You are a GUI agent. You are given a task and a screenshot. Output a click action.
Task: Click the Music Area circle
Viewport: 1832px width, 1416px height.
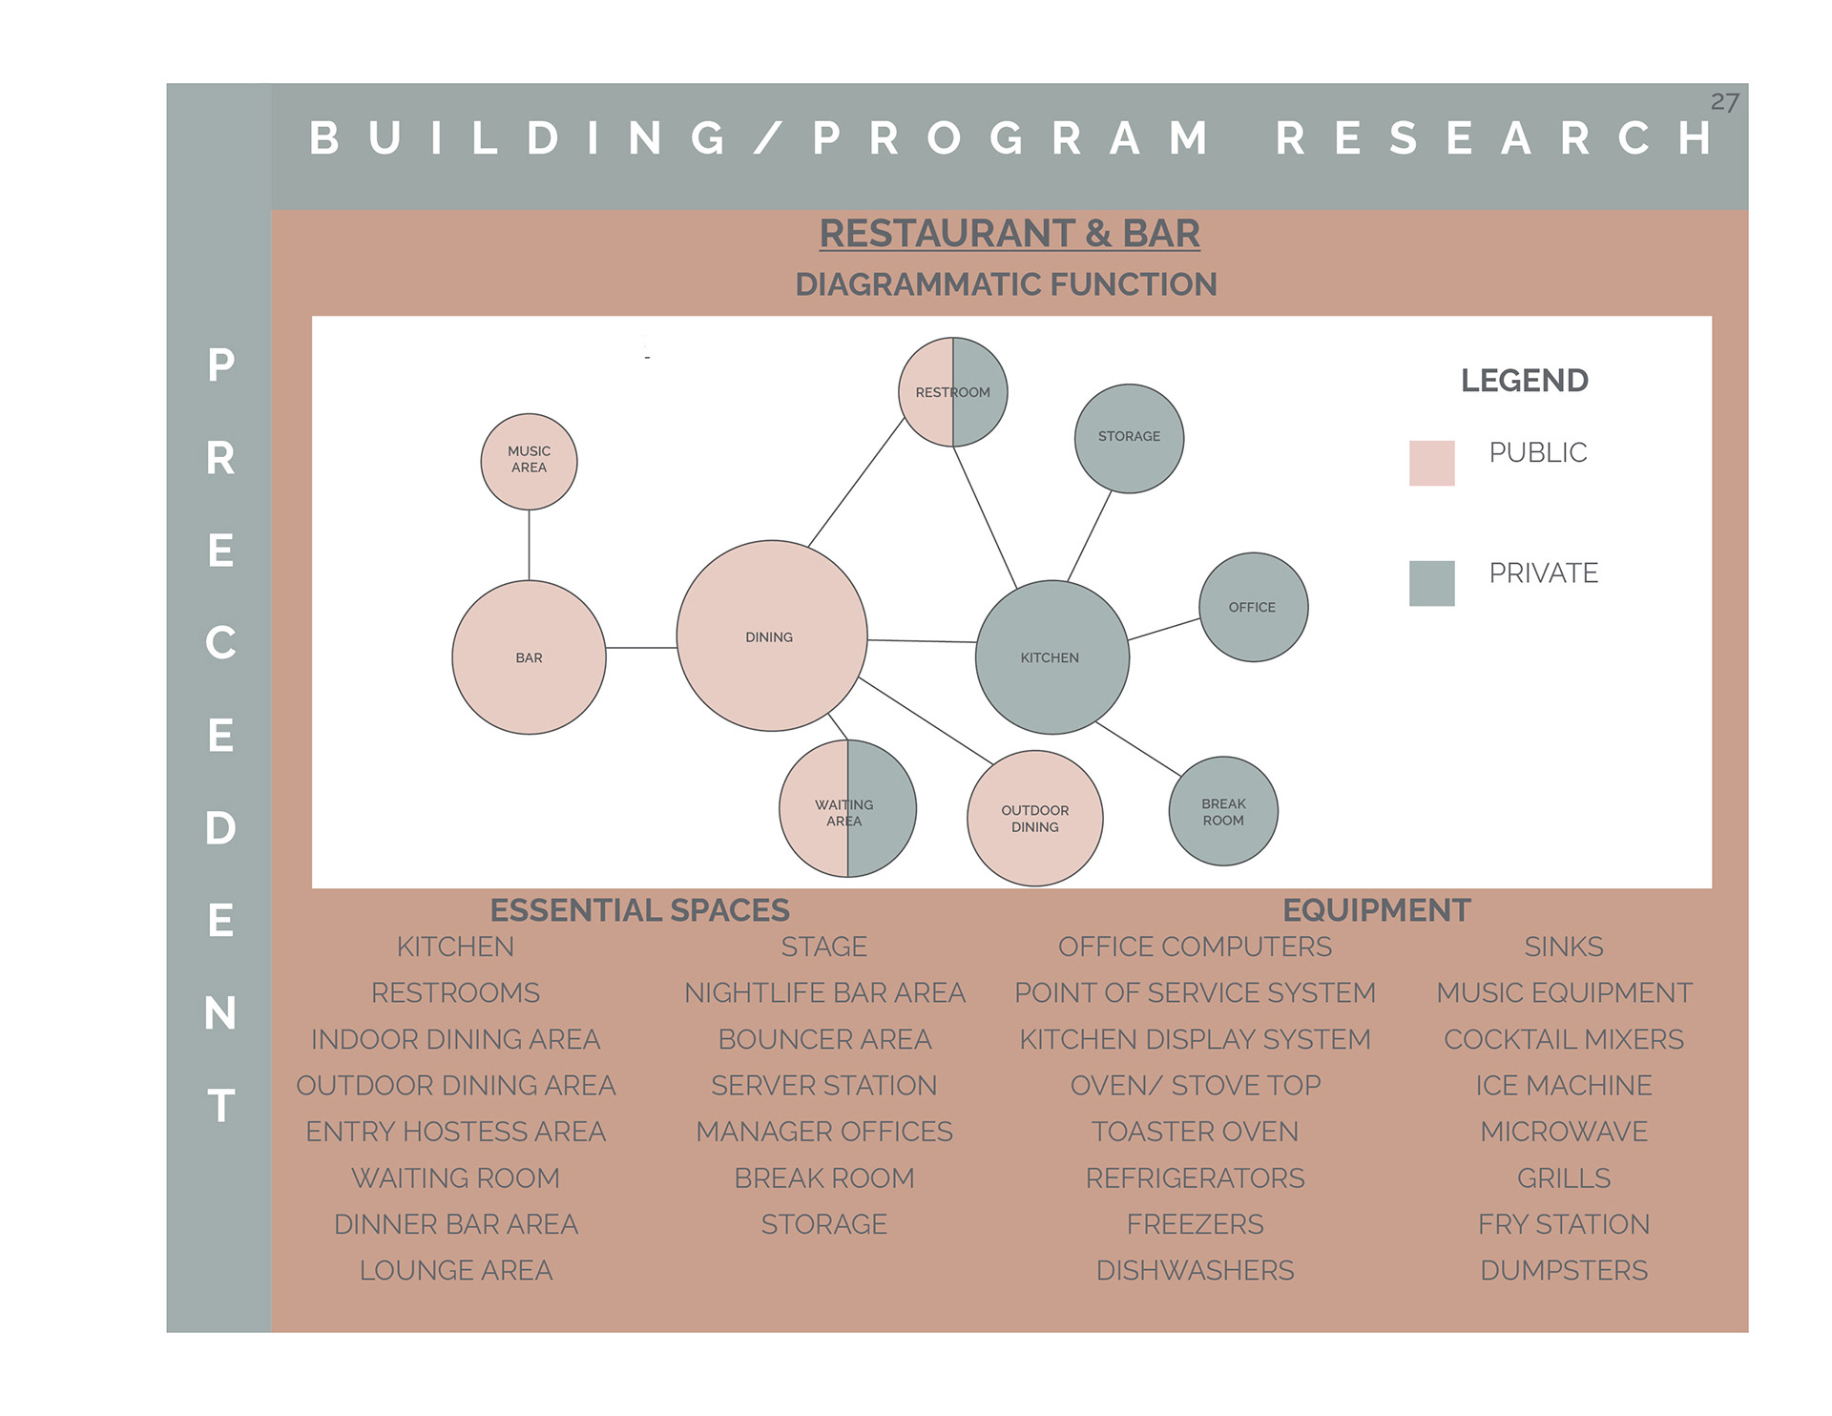tap(529, 461)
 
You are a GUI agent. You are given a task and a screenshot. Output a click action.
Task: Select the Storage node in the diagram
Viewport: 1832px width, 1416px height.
tap(1129, 438)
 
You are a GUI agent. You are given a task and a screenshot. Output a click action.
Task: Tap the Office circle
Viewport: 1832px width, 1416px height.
tap(1253, 607)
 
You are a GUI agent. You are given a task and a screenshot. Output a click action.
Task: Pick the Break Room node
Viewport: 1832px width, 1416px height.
tap(1223, 811)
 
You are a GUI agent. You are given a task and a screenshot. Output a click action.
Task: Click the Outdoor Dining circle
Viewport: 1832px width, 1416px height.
tap(1035, 819)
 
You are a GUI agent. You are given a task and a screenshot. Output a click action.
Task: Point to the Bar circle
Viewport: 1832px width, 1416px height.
tap(529, 657)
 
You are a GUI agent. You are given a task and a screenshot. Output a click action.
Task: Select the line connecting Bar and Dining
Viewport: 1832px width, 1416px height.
tap(641, 648)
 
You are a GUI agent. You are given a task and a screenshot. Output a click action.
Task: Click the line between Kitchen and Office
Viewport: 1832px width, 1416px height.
tap(1164, 629)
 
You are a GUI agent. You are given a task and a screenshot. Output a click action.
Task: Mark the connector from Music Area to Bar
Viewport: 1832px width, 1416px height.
tap(529, 545)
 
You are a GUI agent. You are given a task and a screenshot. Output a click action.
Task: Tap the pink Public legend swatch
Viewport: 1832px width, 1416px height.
tap(1431, 463)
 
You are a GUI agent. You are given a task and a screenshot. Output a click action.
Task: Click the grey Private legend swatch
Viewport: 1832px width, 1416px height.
tap(1431, 583)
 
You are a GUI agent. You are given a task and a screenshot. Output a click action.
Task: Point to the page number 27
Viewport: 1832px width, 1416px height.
tap(1724, 102)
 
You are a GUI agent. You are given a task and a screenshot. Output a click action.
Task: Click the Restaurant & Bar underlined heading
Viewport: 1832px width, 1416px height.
tap(1010, 234)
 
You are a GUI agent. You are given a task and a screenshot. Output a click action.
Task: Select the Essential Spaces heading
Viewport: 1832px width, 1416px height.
tap(639, 910)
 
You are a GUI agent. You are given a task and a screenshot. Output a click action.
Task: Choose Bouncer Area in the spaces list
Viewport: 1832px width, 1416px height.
tap(824, 1039)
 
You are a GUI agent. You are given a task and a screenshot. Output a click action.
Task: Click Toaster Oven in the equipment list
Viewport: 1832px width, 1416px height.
tap(1195, 1132)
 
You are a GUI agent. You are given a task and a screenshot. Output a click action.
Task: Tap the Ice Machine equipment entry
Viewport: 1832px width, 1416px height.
tap(1563, 1086)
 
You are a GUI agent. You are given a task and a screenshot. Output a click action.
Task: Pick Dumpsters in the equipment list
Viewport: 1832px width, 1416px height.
tap(1563, 1271)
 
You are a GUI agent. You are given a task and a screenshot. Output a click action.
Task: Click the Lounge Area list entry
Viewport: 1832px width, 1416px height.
tap(456, 1271)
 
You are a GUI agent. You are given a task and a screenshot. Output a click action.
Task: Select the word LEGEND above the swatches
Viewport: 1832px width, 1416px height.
tap(1524, 381)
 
